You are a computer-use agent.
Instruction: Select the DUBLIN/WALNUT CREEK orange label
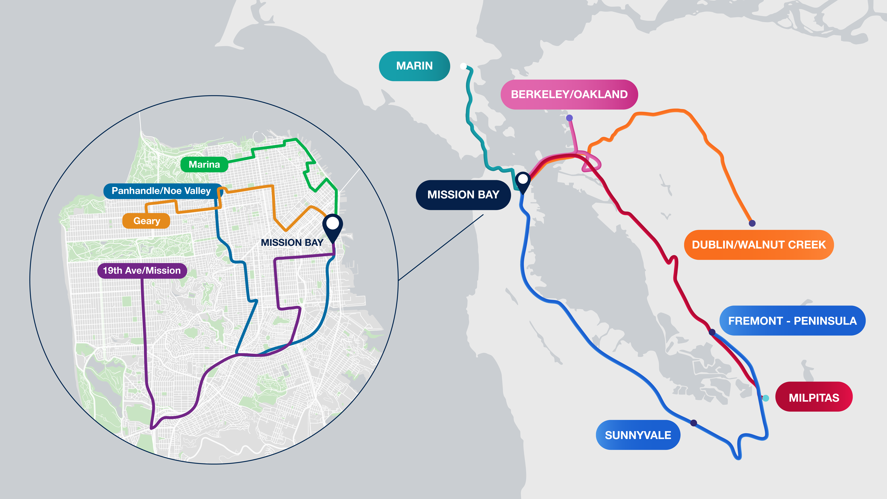[x=759, y=245]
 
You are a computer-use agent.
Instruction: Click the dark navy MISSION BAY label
[x=463, y=195]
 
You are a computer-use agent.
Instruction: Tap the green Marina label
[x=204, y=165]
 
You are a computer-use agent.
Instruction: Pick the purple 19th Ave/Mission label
[x=142, y=271]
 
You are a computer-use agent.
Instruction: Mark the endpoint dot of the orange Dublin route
[x=752, y=223]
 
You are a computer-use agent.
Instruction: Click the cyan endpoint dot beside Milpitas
[x=765, y=398]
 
